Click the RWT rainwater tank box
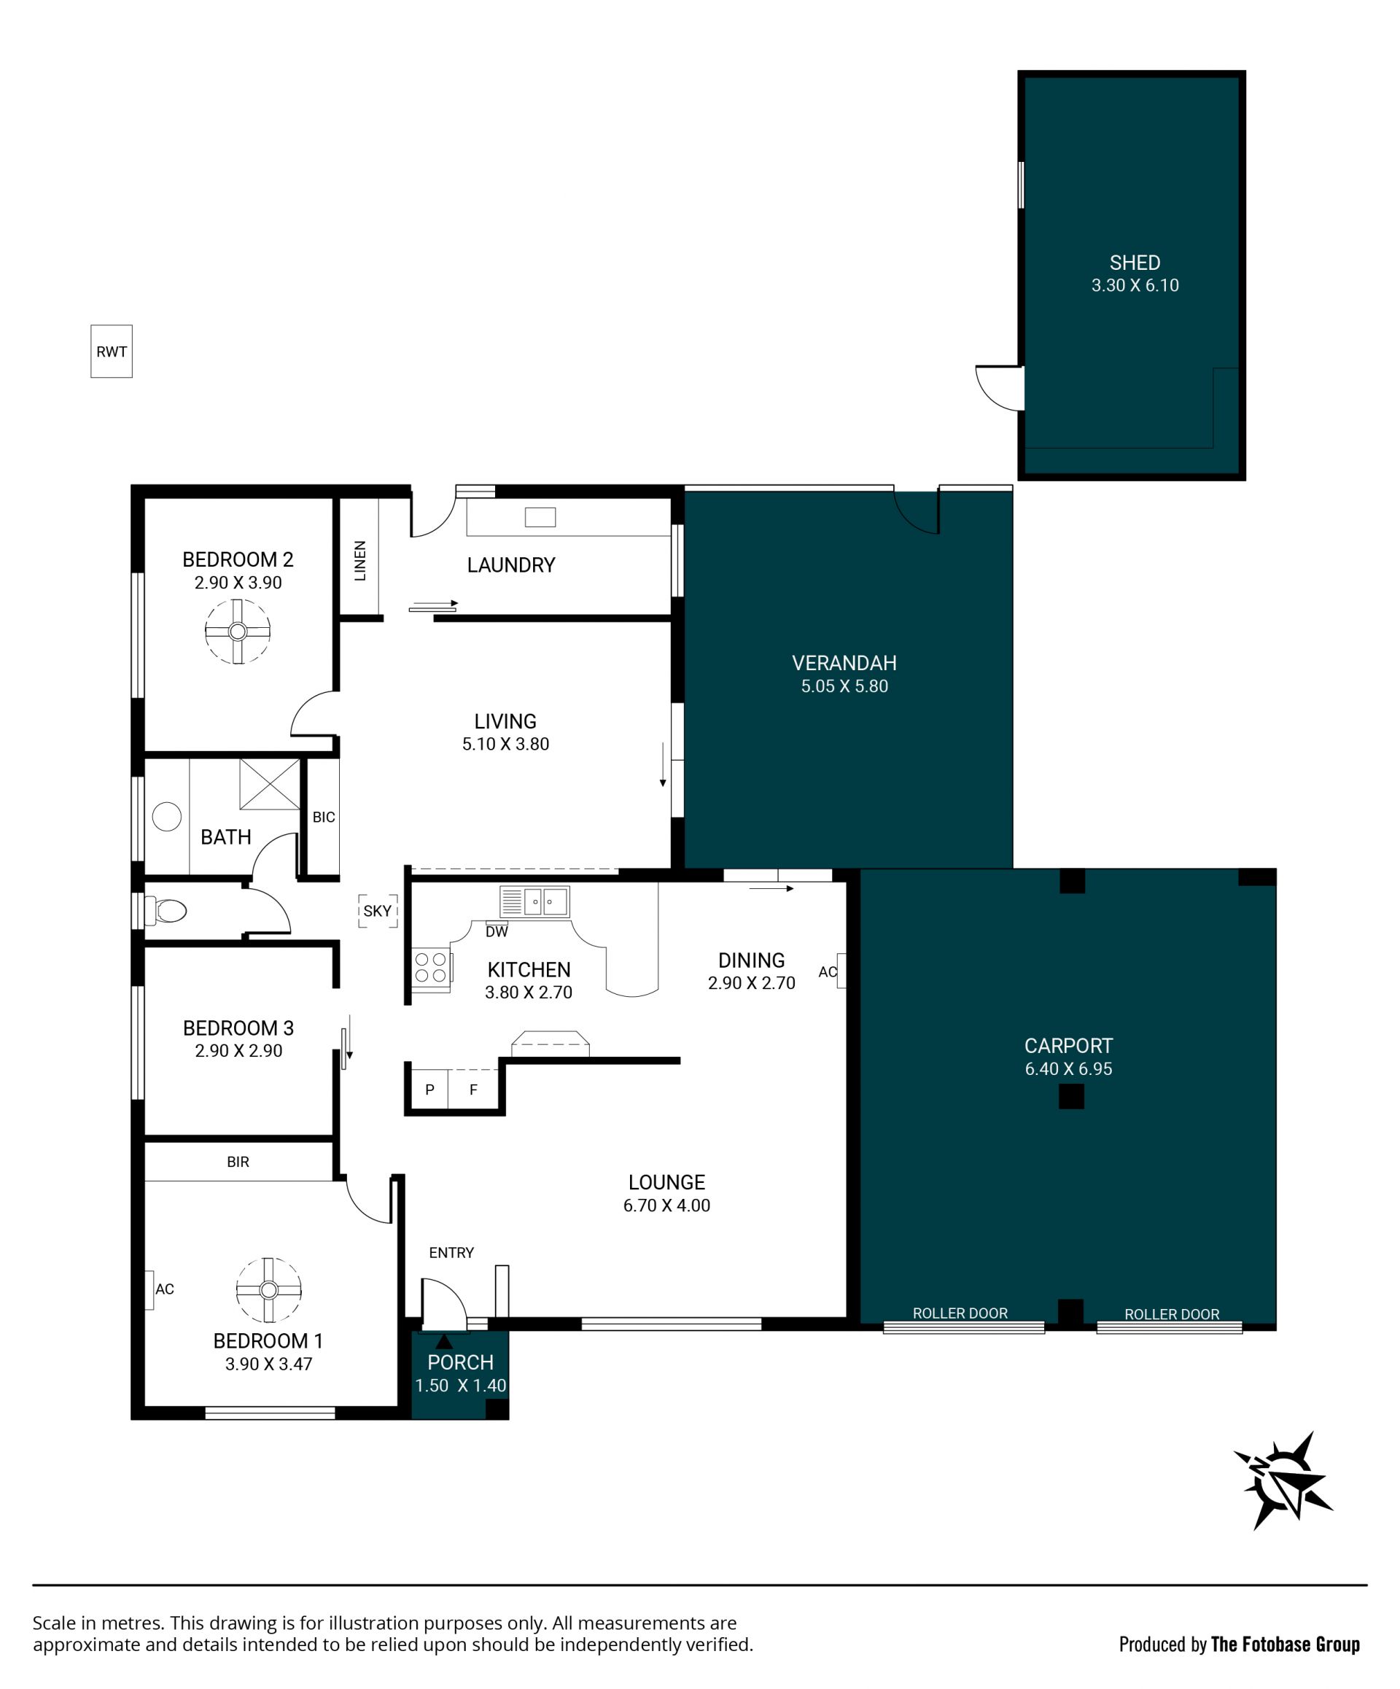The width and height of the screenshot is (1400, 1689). pos(111,351)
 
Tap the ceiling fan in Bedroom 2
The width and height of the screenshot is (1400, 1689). pos(237,632)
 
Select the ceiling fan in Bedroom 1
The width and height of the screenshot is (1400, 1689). pos(268,1290)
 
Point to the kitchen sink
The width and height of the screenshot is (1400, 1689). pos(534,901)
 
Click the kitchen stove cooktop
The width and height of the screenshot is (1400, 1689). pos(431,968)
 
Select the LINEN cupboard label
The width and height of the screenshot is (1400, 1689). pos(360,561)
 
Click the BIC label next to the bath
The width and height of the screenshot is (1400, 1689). pos(323,818)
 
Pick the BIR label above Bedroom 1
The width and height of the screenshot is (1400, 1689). pos(238,1162)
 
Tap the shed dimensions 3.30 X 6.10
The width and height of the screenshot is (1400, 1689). pos(1135,286)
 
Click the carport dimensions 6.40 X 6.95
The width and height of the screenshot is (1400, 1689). pos(1068,1069)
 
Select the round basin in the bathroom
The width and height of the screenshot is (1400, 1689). pos(166,818)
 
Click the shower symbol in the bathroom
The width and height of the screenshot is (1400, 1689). pos(269,783)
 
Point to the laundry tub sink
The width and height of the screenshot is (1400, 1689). pos(540,517)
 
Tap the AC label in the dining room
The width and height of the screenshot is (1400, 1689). pos(828,971)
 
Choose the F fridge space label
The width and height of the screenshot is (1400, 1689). pos(474,1090)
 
